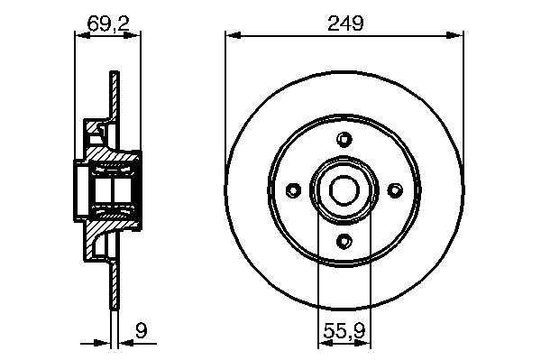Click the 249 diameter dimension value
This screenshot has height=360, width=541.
pyautogui.click(x=345, y=23)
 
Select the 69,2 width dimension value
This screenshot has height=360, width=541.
pyautogui.click(x=108, y=23)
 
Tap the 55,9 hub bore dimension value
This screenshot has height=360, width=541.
pyautogui.click(x=344, y=331)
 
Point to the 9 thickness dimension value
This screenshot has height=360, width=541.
pyautogui.click(x=142, y=330)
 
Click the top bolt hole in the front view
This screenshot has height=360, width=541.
pyautogui.click(x=344, y=140)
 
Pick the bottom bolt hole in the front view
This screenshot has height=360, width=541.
pyautogui.click(x=344, y=241)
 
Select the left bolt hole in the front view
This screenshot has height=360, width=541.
pyautogui.click(x=294, y=189)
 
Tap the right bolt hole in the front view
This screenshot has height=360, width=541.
pyautogui.click(x=395, y=189)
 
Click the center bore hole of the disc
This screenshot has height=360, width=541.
pyautogui.click(x=344, y=190)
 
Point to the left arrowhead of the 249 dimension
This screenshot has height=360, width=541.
pyautogui.click(x=233, y=35)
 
